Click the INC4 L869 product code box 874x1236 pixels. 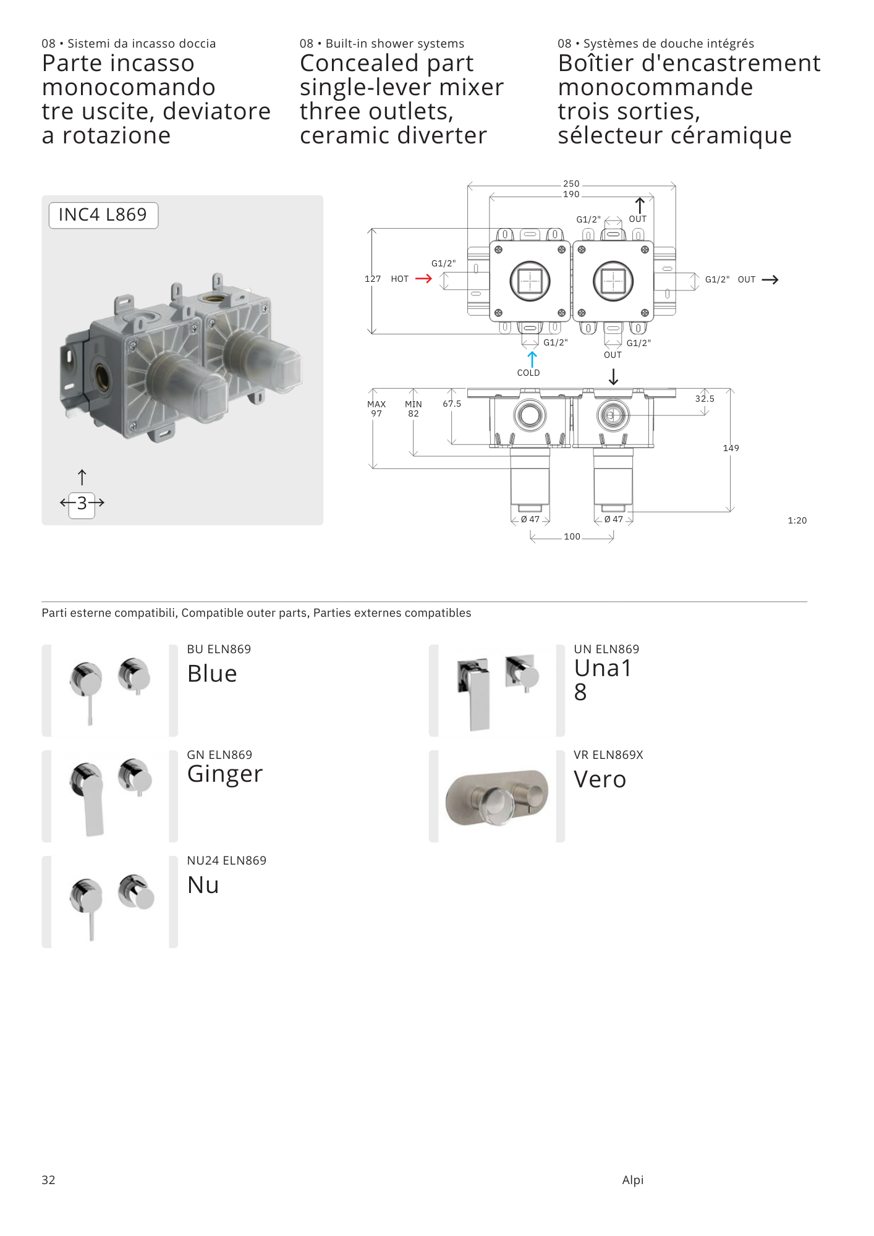point(103,215)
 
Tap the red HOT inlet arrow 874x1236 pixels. point(423,279)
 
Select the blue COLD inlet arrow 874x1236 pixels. point(532,359)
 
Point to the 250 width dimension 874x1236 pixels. point(571,184)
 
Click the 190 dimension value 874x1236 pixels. point(571,194)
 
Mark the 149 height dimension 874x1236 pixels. point(731,448)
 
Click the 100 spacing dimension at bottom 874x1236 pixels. point(572,536)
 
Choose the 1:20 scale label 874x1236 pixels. point(797,520)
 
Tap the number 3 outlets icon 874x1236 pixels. point(82,502)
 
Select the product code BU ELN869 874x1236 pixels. point(219,649)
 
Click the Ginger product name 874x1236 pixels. point(225,774)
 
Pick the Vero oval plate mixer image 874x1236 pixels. point(496,797)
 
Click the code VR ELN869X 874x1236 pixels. point(608,755)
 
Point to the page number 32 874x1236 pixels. point(48,1180)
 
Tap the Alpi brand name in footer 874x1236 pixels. point(633,1180)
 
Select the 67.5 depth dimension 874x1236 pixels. point(452,404)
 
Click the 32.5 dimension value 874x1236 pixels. point(705,399)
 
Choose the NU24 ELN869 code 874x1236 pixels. point(227,860)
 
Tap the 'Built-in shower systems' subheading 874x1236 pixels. point(395,43)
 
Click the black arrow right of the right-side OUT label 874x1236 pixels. point(770,280)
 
